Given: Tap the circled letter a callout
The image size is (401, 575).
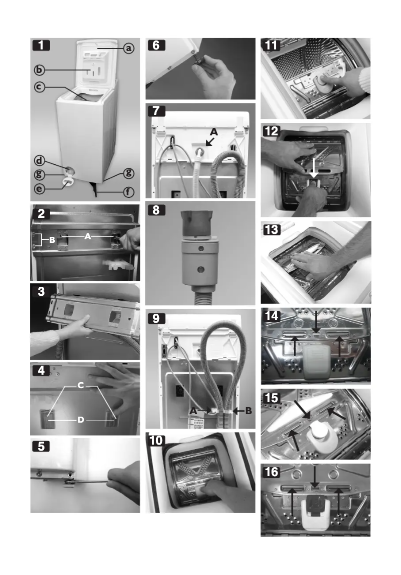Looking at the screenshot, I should pyautogui.click(x=128, y=48).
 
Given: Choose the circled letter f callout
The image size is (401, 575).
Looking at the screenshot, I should pyautogui.click(x=128, y=191).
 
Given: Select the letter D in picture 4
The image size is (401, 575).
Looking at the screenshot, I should pyautogui.click(x=80, y=420).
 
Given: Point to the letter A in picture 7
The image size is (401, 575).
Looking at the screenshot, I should pyautogui.click(x=214, y=132).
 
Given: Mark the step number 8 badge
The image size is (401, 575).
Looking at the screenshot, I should pyautogui.click(x=156, y=210).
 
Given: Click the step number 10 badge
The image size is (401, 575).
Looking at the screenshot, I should pyautogui.click(x=158, y=441).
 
